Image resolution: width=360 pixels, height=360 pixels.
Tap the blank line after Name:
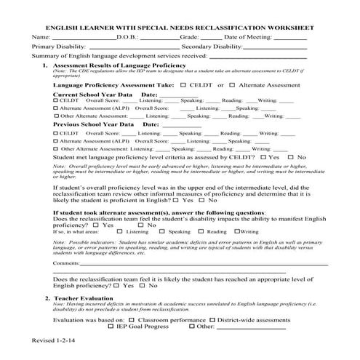click(74, 37)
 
